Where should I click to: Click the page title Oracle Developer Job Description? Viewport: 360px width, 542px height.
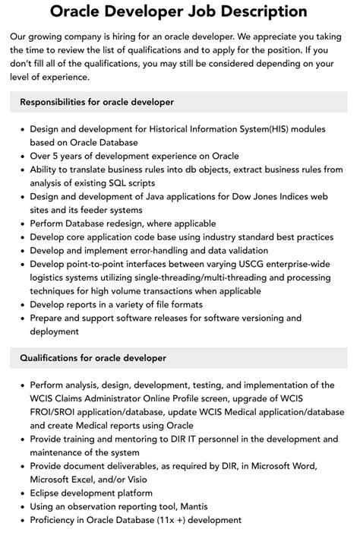tap(179, 12)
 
